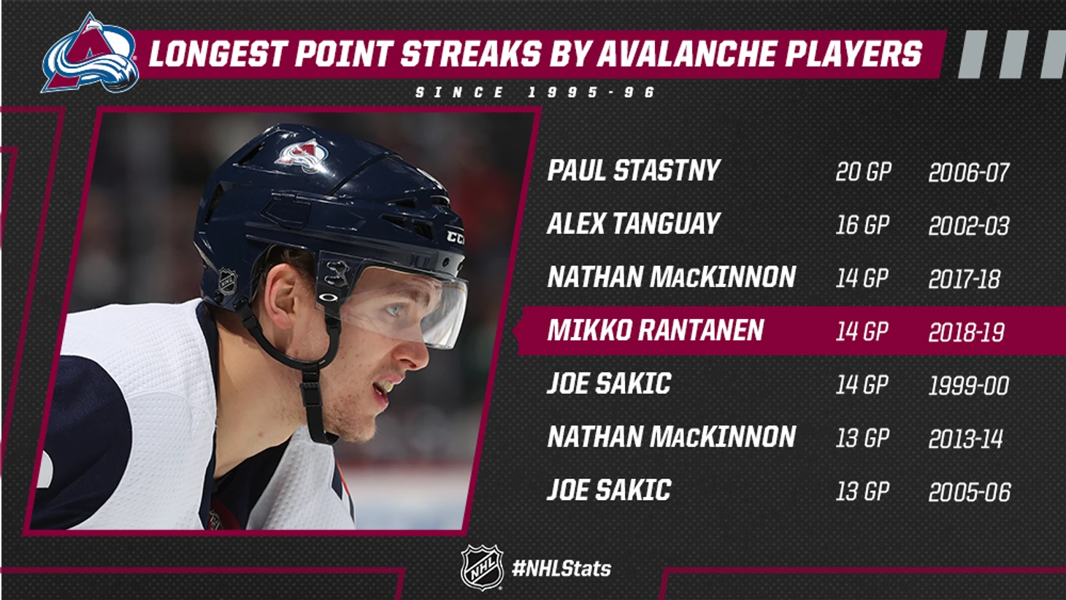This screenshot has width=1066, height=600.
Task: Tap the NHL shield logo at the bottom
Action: [x=482, y=568]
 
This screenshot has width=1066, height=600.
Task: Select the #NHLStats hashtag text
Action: [x=561, y=569]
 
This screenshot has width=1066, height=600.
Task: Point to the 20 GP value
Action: [x=863, y=172]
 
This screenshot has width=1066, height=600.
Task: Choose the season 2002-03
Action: [x=969, y=226]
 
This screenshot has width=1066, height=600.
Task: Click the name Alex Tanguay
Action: [x=634, y=223]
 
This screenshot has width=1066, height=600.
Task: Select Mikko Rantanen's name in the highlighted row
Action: [x=656, y=330]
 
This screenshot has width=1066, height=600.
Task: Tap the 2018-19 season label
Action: [x=967, y=332]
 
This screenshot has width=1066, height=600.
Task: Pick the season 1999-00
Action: [x=969, y=385]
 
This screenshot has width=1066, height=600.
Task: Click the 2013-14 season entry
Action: [x=966, y=439]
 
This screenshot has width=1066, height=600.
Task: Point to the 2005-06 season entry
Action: [x=970, y=492]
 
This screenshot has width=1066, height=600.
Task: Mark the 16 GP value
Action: [x=862, y=225]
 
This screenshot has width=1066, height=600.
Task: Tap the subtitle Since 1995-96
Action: [x=535, y=92]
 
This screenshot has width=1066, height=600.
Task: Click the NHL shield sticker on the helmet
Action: [x=228, y=282]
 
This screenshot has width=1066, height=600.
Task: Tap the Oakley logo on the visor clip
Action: [x=328, y=296]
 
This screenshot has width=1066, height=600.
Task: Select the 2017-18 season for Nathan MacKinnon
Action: [x=965, y=279]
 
